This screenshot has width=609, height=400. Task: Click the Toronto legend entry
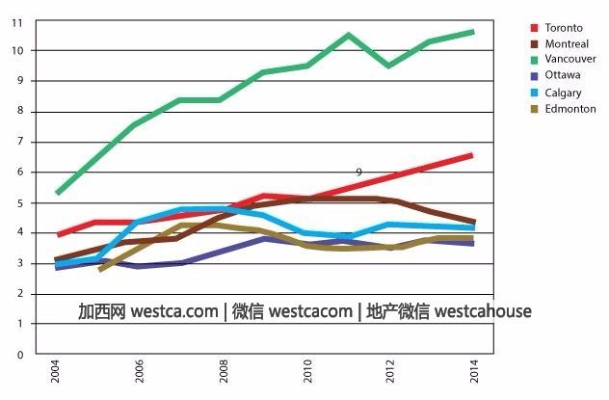point(564,28)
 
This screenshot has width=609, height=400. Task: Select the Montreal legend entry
point(566,43)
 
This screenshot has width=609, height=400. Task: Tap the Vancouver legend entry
point(569,59)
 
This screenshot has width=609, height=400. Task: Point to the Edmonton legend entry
point(569,109)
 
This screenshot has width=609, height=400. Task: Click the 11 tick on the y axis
point(18,20)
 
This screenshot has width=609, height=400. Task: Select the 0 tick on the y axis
point(18,355)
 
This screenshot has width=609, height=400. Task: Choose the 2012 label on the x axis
point(390,371)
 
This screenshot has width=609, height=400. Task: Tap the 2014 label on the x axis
point(473,371)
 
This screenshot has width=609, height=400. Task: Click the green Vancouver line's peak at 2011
point(349,36)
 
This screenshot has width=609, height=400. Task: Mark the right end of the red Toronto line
point(471,155)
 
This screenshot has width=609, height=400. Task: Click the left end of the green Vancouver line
point(58,193)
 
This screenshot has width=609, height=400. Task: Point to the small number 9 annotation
point(358,172)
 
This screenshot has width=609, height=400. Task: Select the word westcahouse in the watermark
point(483,312)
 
